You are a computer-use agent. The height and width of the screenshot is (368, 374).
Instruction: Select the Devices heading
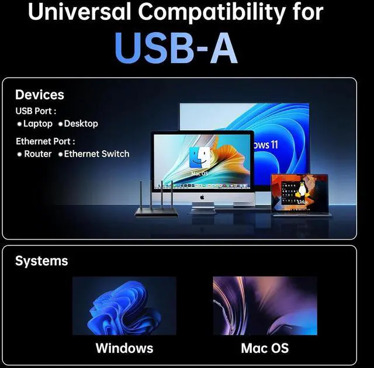pos(40,95)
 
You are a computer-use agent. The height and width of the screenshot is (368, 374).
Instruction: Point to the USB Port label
pos(36,111)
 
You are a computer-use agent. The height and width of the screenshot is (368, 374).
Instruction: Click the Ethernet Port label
pos(46,141)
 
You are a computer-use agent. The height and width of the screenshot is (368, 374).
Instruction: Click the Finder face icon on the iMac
pos(199,158)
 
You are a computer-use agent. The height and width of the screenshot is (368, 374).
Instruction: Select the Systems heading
pos(41,261)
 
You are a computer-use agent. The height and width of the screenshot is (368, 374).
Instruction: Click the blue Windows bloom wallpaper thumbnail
pos(124,305)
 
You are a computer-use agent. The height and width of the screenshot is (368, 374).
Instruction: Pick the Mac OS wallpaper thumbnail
pos(265,305)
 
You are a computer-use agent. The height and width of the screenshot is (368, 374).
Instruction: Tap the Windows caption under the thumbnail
pos(124,349)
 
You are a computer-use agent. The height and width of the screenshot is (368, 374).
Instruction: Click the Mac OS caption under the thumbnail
pos(265,349)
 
